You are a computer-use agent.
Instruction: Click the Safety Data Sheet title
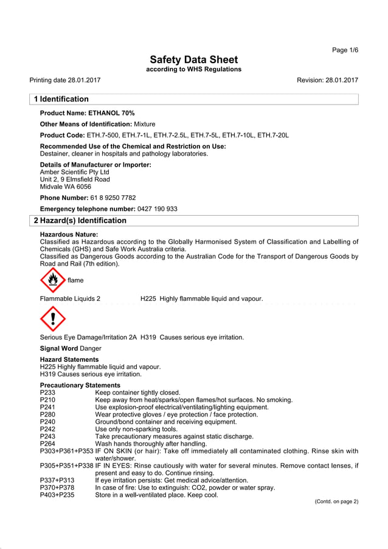pyautogui.click(x=193, y=60)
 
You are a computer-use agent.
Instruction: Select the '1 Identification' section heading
pyautogui.click(x=61, y=99)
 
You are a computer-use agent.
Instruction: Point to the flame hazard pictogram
pyautogui.click(x=53, y=280)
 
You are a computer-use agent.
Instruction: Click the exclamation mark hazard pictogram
pyautogui.click(x=53, y=319)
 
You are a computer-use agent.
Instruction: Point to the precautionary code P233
pyautogui.click(x=48, y=393)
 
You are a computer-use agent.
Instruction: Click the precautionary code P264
pyautogui.click(x=48, y=444)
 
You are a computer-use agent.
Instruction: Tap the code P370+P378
pyautogui.click(x=57, y=488)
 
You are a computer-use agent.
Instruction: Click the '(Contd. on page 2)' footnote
pyautogui.click(x=336, y=502)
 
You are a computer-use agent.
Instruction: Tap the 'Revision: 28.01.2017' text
pyautogui.click(x=327, y=80)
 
